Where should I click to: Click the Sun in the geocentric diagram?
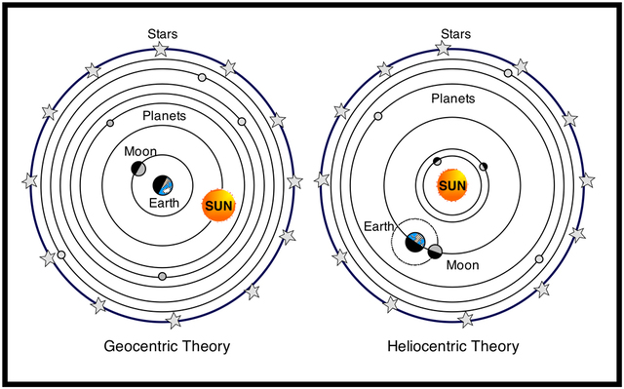point(218,206)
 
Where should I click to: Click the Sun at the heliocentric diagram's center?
point(452,185)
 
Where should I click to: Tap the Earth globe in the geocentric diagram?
point(165,184)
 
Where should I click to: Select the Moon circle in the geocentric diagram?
point(139,170)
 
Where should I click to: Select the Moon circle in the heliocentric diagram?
point(435,251)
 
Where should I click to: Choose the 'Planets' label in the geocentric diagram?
point(164,116)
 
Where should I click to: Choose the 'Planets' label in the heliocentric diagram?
point(453,99)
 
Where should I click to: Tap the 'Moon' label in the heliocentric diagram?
point(462,264)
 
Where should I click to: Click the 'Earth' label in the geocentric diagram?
point(165,203)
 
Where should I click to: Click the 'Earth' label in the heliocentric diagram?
point(379,226)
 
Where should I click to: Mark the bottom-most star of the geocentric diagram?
point(175,320)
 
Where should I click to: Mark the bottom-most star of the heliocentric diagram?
point(466,319)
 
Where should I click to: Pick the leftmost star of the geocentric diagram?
point(30,180)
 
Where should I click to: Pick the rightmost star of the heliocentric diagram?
point(587,180)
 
